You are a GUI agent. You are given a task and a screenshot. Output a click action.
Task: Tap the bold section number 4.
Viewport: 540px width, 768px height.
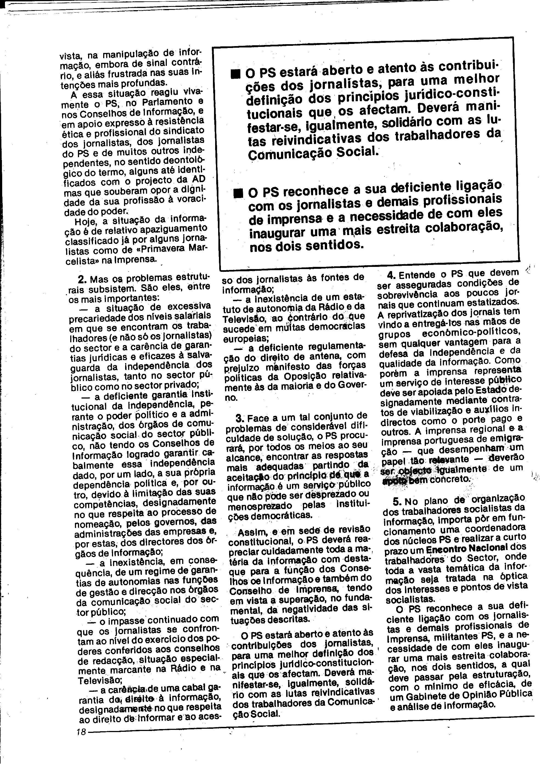point(392,275)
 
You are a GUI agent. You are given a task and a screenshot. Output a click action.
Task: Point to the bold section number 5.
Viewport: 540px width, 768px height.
point(397,501)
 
